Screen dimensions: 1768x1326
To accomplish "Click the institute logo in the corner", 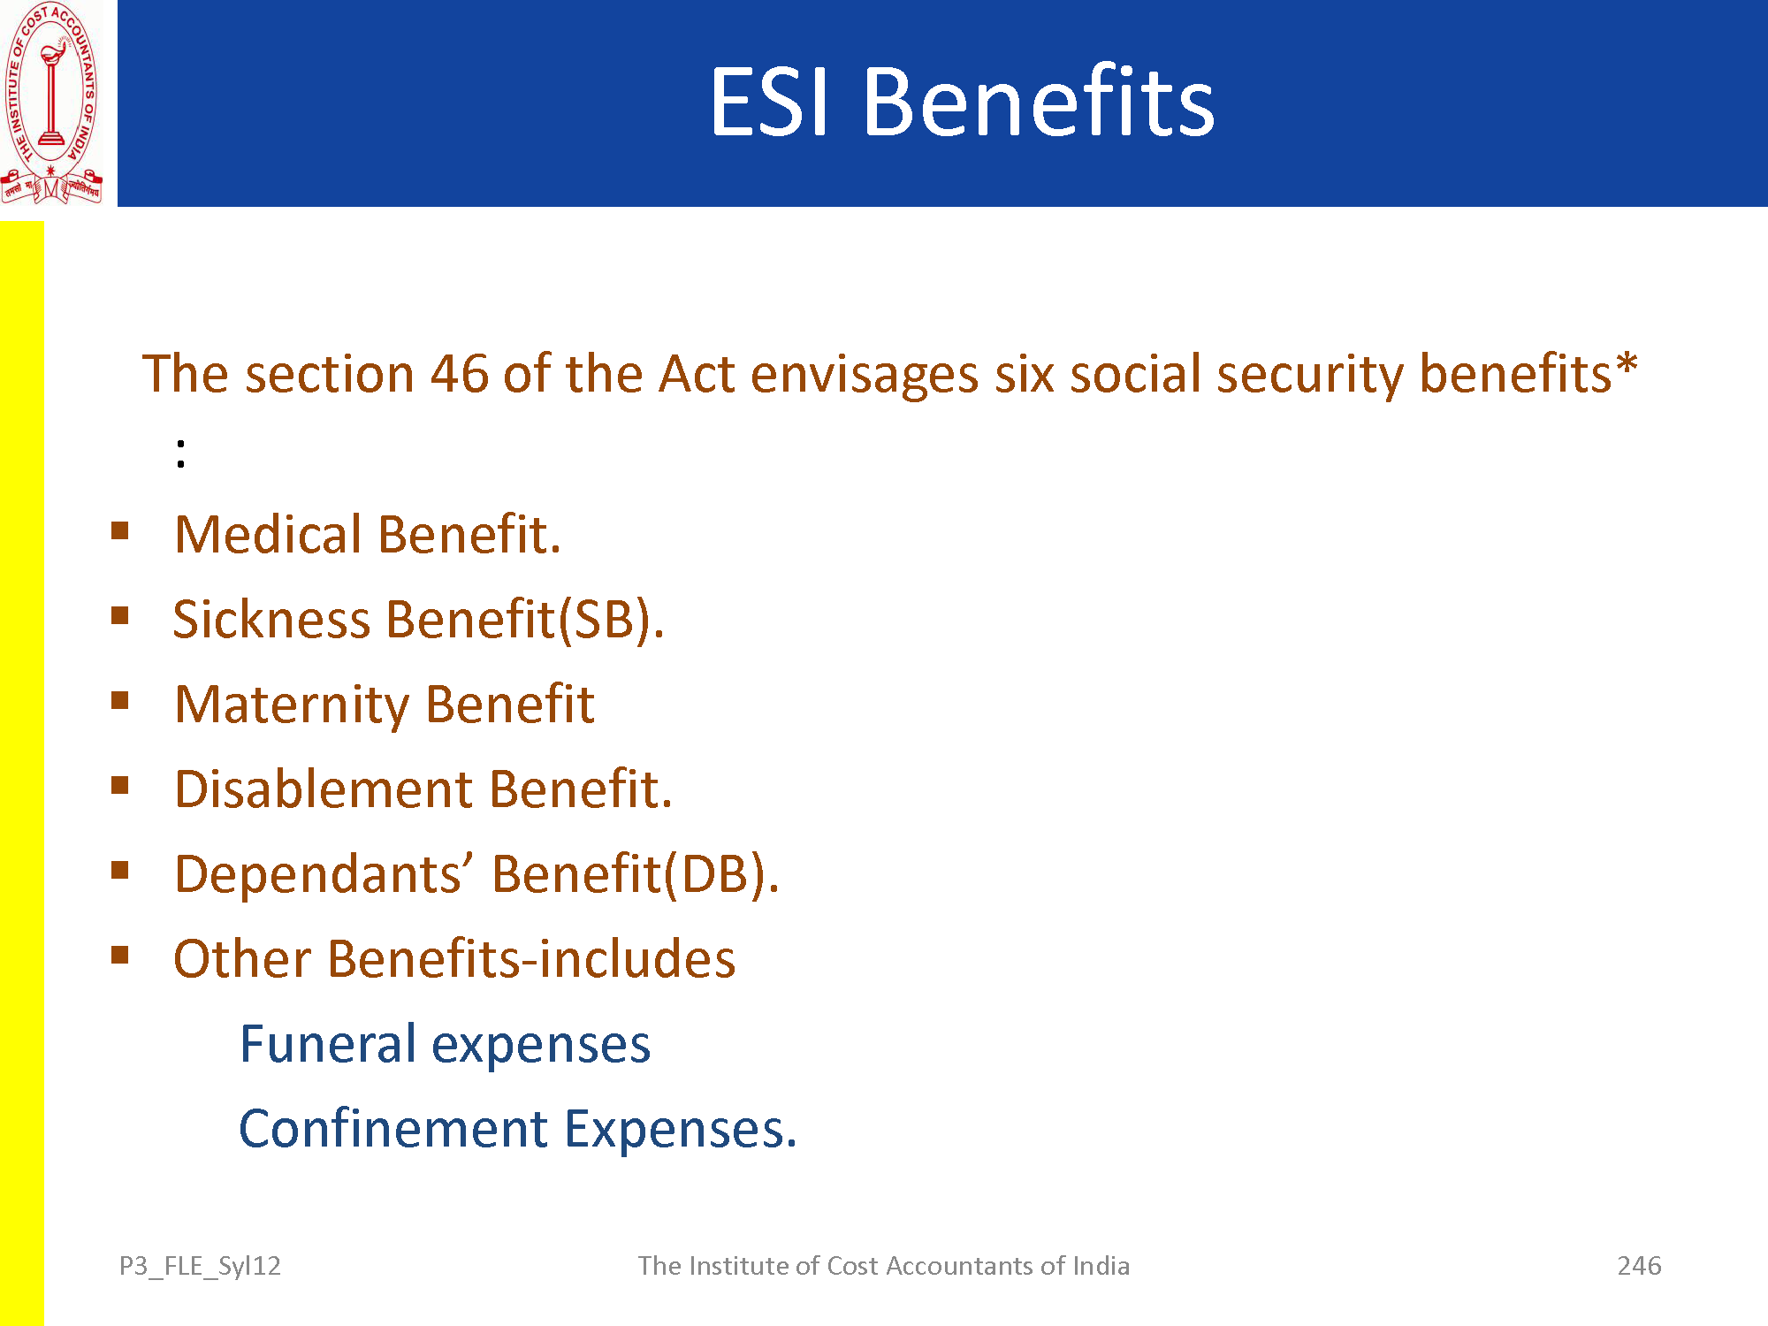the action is [51, 103].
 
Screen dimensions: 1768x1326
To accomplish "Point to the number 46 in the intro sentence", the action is [460, 373].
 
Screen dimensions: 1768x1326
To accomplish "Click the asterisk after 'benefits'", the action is [1627, 363].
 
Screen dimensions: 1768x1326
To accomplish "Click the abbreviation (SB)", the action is [611, 619].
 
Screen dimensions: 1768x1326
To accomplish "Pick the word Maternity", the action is [293, 705].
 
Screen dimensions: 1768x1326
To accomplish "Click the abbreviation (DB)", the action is [721, 874].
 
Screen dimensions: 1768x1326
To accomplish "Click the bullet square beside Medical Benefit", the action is [120, 530].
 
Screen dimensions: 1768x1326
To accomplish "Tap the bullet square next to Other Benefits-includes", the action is [120, 955].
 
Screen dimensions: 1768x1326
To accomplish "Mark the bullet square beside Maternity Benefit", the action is [120, 700].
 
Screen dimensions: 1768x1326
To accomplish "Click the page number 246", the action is [1639, 1266].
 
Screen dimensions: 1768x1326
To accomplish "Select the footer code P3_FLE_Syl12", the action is [200, 1267].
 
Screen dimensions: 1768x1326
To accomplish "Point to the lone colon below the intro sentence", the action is [181, 453].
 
